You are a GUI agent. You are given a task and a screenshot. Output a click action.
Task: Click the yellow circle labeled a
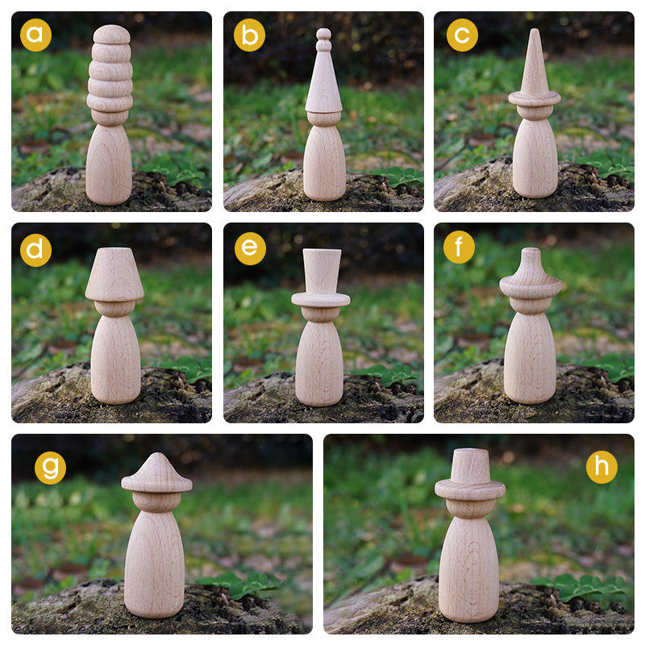coord(35,35)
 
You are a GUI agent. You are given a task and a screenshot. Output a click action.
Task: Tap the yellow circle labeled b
coord(249,35)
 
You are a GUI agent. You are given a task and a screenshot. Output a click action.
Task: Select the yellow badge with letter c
coord(462,35)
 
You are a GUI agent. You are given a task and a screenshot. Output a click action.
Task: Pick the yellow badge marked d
coord(35,250)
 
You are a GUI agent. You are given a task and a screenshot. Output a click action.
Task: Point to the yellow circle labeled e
coord(250,248)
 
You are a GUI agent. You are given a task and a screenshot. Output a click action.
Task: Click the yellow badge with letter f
coord(459,247)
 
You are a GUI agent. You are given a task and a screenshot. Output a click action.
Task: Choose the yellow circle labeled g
coord(50,468)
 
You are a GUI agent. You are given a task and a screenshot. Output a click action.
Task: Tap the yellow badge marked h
coord(601,467)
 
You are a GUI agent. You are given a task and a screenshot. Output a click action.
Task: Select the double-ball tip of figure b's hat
coord(324,40)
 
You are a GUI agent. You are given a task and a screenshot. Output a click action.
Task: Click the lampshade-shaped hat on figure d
coord(114,274)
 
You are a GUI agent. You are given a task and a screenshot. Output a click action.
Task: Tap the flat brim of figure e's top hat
coord(321,299)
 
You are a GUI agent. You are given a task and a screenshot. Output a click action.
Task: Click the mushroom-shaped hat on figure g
coord(156,473)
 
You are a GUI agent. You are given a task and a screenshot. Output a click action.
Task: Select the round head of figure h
coord(470,508)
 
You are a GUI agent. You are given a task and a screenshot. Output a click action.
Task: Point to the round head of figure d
coord(114,308)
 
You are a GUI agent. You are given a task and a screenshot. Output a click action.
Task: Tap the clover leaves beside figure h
coord(580,586)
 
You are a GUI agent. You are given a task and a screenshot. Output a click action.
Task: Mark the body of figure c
coord(535,158)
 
